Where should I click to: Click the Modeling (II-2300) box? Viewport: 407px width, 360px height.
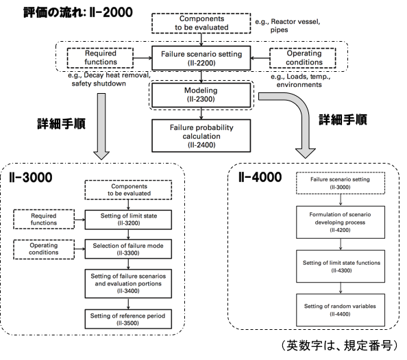click(201, 95)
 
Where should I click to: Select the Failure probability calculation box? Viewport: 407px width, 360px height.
click(201, 136)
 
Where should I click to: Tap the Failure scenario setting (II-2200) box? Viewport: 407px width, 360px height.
click(201, 58)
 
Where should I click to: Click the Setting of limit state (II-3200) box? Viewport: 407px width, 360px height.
click(128, 220)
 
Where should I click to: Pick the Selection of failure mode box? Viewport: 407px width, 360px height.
click(128, 249)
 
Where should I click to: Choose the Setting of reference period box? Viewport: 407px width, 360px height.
click(128, 319)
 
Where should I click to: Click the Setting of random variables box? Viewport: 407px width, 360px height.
click(341, 310)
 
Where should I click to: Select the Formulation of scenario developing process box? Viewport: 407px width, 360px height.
click(341, 222)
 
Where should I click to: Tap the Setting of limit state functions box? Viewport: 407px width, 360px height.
click(341, 266)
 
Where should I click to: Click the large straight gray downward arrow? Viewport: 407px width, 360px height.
click(101, 127)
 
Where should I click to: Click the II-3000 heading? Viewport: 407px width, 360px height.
click(31, 177)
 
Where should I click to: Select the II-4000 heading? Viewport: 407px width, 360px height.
click(260, 177)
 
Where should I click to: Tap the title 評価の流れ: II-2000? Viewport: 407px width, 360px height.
click(78, 12)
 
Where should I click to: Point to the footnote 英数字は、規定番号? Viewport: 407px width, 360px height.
click(340, 346)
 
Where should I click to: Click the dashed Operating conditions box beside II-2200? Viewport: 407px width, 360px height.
click(303, 58)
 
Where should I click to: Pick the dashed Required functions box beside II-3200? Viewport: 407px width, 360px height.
click(44, 219)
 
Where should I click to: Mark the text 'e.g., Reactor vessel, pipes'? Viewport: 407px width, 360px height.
click(288, 25)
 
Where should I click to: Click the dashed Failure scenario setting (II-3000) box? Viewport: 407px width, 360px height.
click(341, 183)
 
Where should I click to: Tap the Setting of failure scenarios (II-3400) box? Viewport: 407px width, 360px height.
click(128, 283)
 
